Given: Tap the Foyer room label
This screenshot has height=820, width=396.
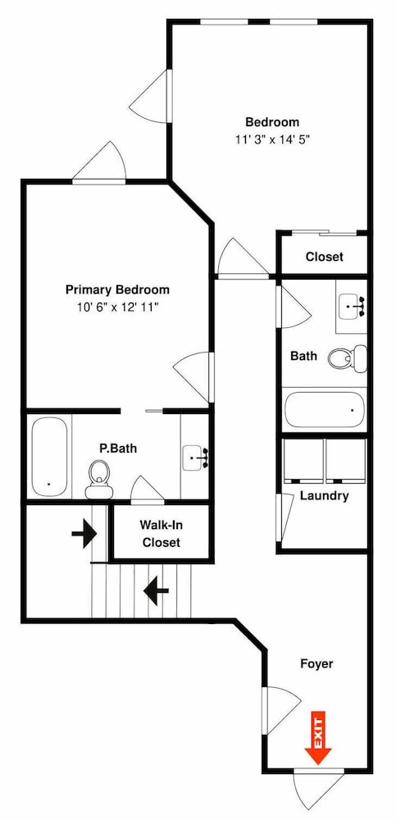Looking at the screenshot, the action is click(x=316, y=663).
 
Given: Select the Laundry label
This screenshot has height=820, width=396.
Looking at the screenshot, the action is click(x=324, y=496).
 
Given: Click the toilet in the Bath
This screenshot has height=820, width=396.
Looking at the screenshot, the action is click(x=348, y=358).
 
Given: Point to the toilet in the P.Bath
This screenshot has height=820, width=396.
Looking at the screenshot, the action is click(x=99, y=479).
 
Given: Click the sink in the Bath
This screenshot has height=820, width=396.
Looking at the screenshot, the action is click(x=352, y=307).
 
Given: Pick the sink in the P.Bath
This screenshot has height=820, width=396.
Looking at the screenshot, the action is click(x=195, y=458).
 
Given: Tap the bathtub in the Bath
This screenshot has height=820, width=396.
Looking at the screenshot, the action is click(x=324, y=409).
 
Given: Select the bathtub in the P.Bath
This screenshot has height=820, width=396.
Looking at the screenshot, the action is click(x=49, y=457).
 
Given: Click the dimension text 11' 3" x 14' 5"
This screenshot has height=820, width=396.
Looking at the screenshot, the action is click(x=272, y=139).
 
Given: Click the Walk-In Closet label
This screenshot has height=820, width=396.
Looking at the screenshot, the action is click(x=160, y=534).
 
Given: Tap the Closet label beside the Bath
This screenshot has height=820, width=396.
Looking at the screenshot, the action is click(x=325, y=257).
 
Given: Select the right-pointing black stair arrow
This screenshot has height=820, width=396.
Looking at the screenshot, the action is click(x=84, y=534).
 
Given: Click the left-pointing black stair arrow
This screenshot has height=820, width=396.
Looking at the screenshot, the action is click(x=156, y=590).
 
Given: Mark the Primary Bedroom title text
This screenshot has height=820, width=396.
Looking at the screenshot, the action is click(x=117, y=289).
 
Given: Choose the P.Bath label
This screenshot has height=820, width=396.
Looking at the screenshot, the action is click(x=118, y=449).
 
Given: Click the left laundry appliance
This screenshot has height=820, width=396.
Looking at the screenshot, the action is click(x=303, y=461).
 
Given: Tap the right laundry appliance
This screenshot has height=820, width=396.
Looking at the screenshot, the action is click(x=345, y=461).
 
